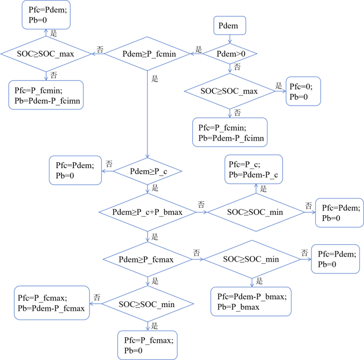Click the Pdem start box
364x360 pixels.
point(230,26)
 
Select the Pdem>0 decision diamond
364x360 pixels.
point(230,54)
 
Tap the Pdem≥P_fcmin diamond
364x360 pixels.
point(147,54)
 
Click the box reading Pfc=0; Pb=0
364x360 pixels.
point(303,91)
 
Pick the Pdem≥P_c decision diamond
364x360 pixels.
point(147,171)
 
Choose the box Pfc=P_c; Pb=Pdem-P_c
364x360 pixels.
point(254,169)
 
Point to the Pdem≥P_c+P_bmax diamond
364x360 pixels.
point(147,212)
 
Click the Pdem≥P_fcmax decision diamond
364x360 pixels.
point(147,259)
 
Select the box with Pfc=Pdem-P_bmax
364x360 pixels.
point(251,301)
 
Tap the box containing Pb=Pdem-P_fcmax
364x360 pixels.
point(52,303)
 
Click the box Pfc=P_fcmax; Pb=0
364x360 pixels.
point(147,345)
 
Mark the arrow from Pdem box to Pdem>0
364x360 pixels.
point(230,39)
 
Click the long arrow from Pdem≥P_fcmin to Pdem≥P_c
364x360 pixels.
point(147,114)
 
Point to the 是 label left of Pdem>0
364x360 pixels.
point(199,49)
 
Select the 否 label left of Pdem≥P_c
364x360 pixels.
point(109,164)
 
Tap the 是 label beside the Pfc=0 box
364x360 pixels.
point(279,86)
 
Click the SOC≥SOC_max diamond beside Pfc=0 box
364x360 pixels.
point(230,91)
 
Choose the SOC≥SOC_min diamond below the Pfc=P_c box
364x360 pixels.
point(256,212)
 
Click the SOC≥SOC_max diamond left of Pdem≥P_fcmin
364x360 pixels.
point(46,54)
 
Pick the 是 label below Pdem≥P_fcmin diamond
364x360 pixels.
point(155,79)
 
